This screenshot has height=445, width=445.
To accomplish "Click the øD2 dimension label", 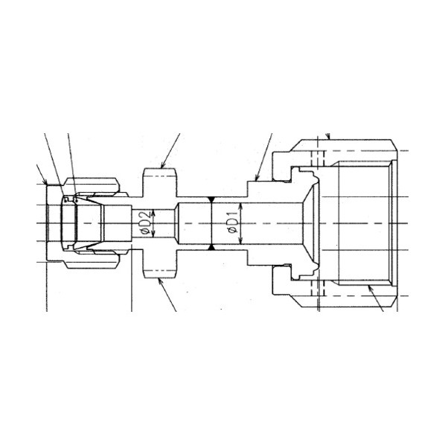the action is [x=145, y=222].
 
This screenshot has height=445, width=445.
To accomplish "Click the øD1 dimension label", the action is [x=233, y=222].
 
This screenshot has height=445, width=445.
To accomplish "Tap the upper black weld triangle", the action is [x=211, y=199].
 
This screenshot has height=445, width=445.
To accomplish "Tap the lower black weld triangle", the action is [x=211, y=248].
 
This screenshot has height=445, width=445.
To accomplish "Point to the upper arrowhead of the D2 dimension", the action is [x=153, y=213].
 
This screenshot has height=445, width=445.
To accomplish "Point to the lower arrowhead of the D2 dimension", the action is [x=153, y=234].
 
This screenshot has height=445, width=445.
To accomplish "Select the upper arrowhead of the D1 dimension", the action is [x=240, y=206].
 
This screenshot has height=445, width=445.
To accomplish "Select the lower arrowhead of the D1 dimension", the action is [x=240, y=240].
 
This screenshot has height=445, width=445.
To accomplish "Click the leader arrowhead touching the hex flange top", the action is [x=163, y=165].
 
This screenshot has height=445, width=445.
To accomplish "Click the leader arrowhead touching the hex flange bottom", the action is [x=160, y=281].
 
